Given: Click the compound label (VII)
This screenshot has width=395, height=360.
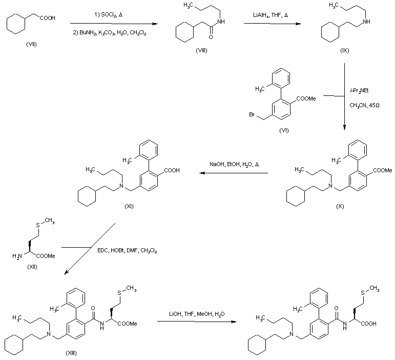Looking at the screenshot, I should click(x=31, y=45).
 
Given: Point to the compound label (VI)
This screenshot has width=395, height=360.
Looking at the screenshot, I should click(x=283, y=130).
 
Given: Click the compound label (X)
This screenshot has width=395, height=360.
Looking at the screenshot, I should click(x=340, y=206).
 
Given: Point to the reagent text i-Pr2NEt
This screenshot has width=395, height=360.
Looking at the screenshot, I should click(x=361, y=90).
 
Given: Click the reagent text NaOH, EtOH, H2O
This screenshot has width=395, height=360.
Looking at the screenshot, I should click(x=234, y=164).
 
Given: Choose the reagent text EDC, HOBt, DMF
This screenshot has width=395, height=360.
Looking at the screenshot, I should click(x=127, y=250).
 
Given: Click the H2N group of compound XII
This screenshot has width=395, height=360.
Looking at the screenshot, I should click(x=17, y=255).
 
